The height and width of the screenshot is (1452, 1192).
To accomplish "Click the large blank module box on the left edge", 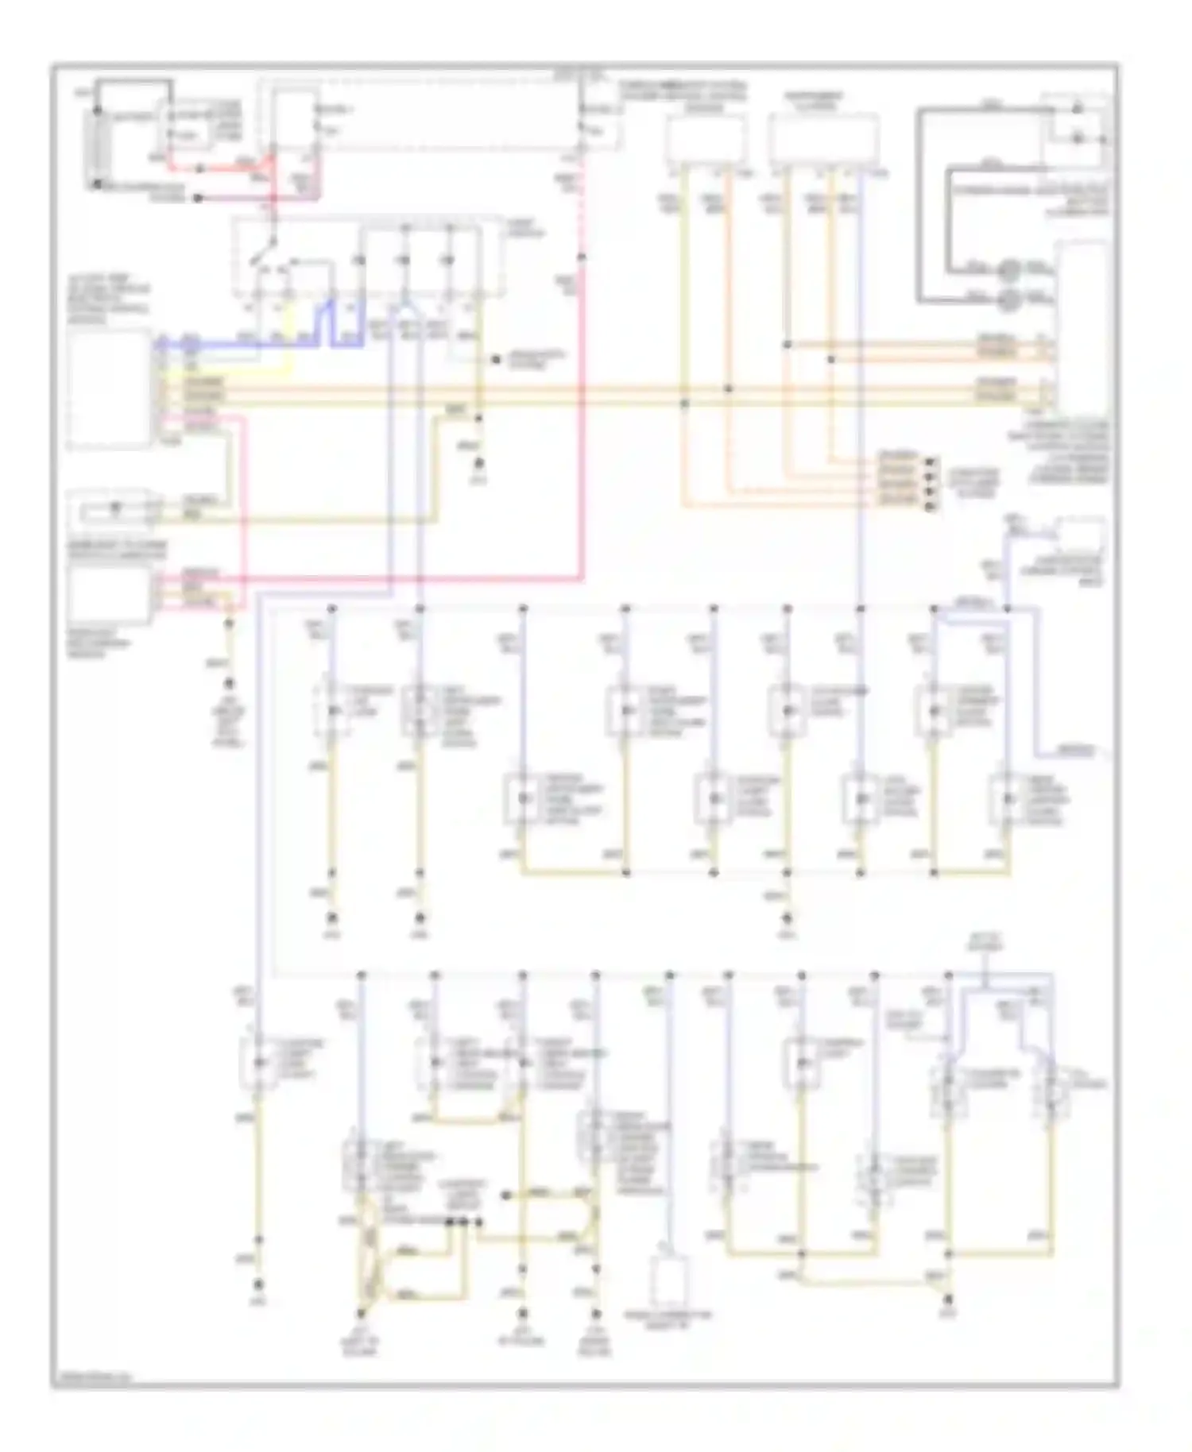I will click(109, 389).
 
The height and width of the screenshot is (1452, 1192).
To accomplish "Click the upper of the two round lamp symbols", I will click(1010, 269).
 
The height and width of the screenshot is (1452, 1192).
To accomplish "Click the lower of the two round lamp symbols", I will click(1010, 299).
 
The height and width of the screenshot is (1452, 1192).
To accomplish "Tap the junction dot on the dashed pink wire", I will click(582, 257).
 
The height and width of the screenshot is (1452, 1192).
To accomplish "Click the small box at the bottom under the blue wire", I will click(670, 1280).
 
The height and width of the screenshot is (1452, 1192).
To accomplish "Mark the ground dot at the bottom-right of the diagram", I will click(949, 1300).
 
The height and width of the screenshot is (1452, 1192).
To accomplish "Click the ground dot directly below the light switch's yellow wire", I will click(479, 469).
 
